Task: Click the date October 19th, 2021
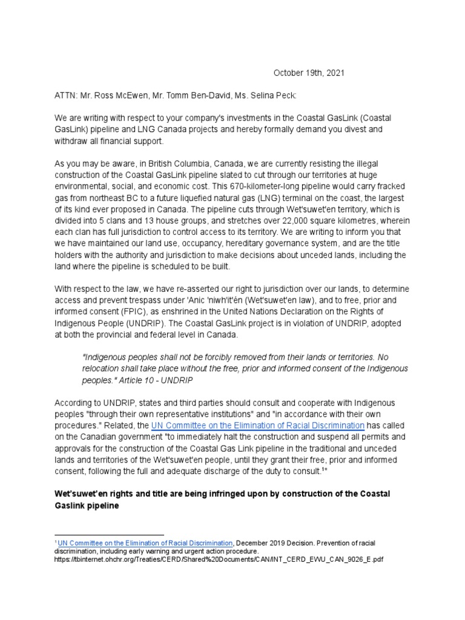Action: [309, 73]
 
